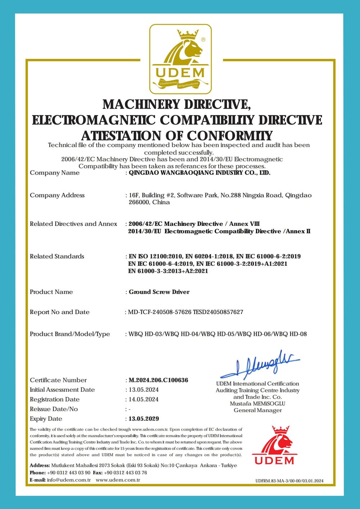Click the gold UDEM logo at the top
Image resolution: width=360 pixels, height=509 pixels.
click(x=180, y=59)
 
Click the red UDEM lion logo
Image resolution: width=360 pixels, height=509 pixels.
click(x=275, y=445)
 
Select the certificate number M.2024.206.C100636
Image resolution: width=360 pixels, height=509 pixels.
click(x=158, y=380)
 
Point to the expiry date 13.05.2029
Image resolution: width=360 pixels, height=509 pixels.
click(x=144, y=419)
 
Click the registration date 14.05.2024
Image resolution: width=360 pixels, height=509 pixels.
click(x=144, y=399)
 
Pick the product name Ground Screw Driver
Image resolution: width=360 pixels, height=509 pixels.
click(x=159, y=292)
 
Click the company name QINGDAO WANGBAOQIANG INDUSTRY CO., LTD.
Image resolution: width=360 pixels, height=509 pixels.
click(x=199, y=173)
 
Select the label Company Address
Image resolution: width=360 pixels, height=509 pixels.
click(x=57, y=195)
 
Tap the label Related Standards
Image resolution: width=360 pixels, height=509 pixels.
click(x=57, y=256)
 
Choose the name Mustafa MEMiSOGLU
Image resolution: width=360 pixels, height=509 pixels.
click(x=257, y=403)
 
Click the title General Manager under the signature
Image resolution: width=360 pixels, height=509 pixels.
click(x=257, y=410)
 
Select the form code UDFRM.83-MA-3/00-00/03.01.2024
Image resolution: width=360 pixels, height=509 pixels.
click(x=289, y=481)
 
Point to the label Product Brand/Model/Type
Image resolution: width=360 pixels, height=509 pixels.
click(x=70, y=334)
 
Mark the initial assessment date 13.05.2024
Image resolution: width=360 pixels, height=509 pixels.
click(x=144, y=390)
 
